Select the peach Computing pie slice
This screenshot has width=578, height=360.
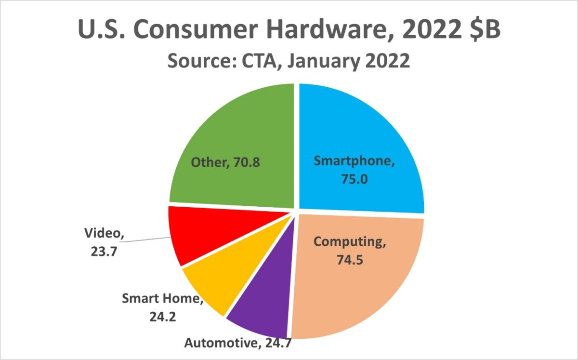[x=356, y=289]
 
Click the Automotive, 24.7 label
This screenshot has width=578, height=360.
[x=238, y=344]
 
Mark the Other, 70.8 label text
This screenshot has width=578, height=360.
[x=225, y=162]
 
